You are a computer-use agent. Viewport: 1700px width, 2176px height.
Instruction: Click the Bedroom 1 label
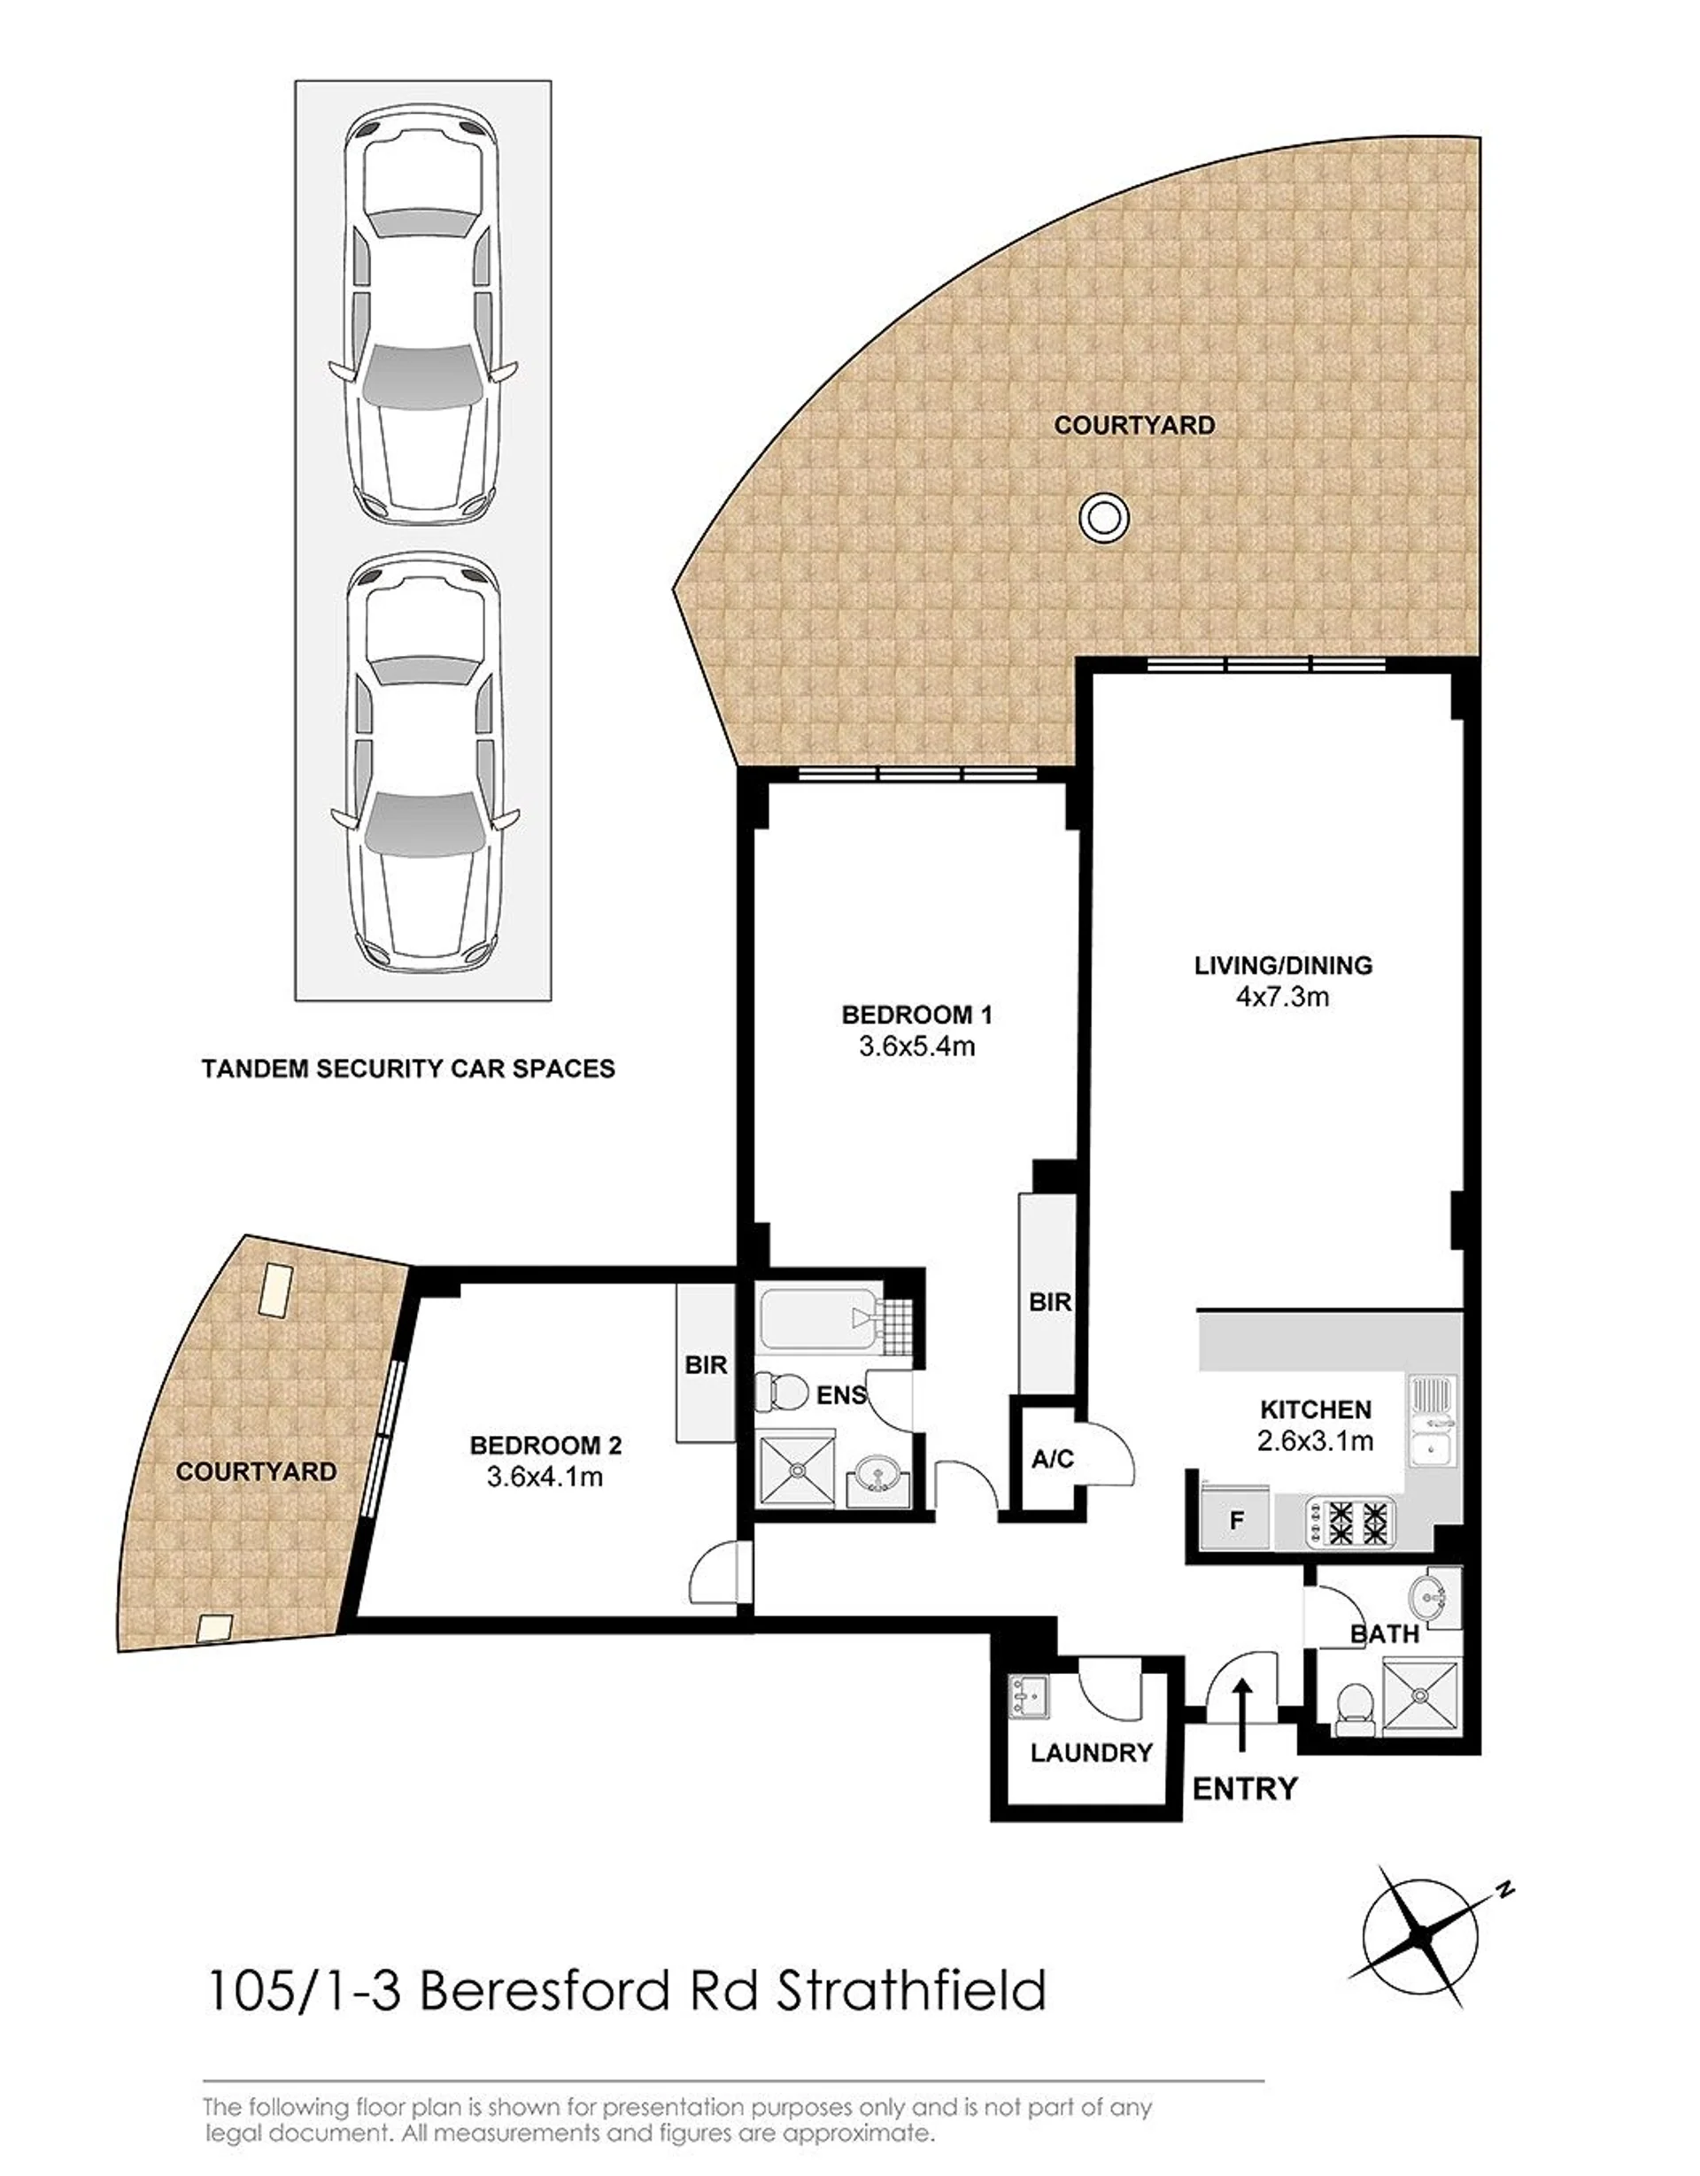coord(916,1015)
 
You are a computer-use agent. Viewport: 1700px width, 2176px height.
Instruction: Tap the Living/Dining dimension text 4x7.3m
coord(1282,996)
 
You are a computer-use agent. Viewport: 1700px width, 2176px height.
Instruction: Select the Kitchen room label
coord(1316,1410)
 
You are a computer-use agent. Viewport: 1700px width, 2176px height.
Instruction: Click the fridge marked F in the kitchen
coord(1237,1519)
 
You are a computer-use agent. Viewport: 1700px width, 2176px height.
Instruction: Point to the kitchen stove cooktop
coord(1350,1522)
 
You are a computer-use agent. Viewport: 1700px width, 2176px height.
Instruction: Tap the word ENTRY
coord(1245,1789)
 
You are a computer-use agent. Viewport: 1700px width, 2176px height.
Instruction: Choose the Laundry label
coord(1091,1753)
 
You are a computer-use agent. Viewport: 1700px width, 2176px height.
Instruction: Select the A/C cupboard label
coord(1052,1460)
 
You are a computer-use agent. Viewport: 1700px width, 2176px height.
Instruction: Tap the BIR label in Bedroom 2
coord(707,1365)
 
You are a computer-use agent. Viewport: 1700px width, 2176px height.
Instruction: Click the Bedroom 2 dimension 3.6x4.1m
coord(545,1477)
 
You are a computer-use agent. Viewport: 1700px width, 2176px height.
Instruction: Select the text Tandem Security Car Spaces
coord(407,1069)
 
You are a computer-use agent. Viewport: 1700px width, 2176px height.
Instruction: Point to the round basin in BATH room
coord(1432,1597)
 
